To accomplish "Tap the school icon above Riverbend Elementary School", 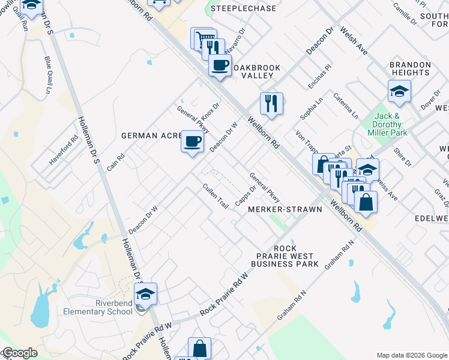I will pyautogui.click(x=145, y=294).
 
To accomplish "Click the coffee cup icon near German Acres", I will pyautogui.click(x=191, y=142).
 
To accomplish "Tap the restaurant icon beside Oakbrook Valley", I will pyautogui.click(x=271, y=103).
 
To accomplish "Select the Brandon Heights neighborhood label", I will pyautogui.click(x=410, y=68).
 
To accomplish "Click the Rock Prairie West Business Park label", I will pyautogui.click(x=285, y=256).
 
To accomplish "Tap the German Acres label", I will pyautogui.click(x=151, y=136).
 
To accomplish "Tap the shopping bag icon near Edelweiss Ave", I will pyautogui.click(x=366, y=202).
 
